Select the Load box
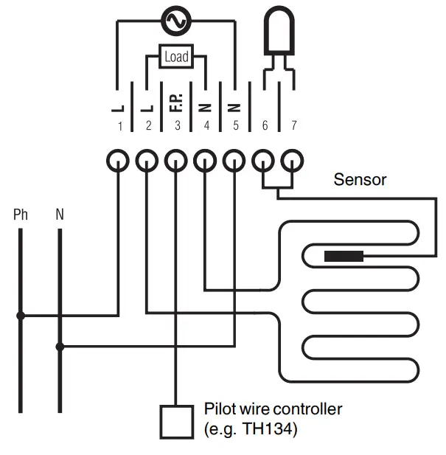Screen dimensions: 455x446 176,57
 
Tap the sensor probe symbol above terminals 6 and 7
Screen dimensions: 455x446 279,34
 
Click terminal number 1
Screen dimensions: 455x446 119,126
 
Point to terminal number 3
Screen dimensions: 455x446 177,126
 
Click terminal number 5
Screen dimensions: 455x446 235,126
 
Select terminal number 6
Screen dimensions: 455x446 265,126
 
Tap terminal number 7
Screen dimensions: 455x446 293,126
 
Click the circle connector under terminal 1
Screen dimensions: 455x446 118,159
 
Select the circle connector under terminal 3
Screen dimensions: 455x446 175,159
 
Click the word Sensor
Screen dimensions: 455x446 360,179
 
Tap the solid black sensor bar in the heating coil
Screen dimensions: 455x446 344,257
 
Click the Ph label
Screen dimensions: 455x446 21,215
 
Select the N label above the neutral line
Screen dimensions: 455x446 60,215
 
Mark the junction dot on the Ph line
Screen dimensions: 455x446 21,316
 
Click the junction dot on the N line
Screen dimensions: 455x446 60,346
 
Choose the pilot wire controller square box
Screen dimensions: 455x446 175,421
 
